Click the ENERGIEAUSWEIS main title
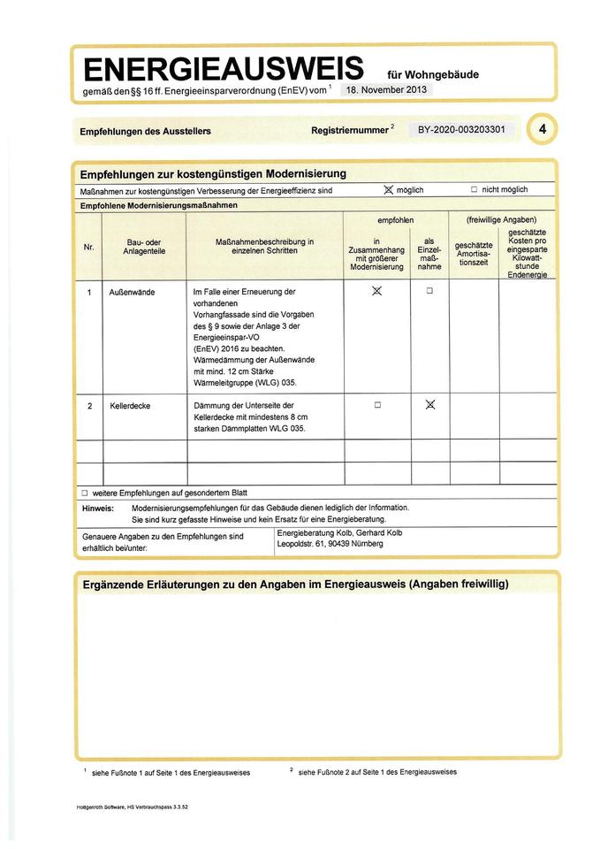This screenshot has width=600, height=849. [223, 68]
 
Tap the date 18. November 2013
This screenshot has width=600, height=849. [386, 90]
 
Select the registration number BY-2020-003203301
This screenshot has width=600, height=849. [460, 129]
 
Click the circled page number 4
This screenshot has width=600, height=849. [542, 129]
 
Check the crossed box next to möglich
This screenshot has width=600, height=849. [387, 189]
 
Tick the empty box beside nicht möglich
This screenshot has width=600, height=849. [474, 189]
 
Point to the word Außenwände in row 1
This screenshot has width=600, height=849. [133, 292]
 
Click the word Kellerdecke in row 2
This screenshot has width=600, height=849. [131, 405]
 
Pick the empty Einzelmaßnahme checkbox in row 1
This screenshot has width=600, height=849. [430, 291]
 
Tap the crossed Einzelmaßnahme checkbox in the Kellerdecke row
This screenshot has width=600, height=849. [430, 405]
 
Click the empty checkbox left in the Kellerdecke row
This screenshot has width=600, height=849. [377, 405]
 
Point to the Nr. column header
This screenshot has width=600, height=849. [88, 247]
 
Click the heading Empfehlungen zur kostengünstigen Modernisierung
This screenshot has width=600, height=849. [213, 173]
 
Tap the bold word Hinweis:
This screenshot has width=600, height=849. [97, 509]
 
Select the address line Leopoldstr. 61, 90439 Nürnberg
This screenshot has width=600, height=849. [330, 544]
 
